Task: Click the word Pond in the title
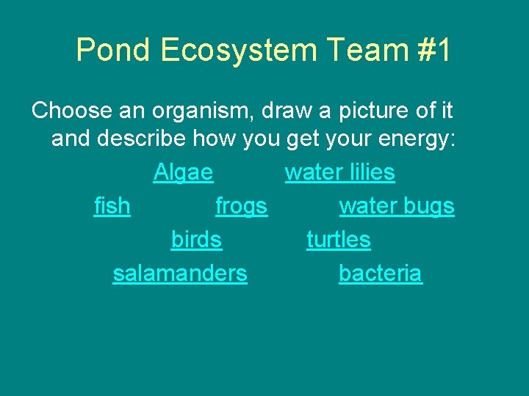tap(112, 51)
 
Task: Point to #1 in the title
tap(435, 51)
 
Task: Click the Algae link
tap(183, 173)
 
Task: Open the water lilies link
tap(339, 173)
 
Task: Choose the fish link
tap(112, 207)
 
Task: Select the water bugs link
tap(397, 207)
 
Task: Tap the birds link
tap(196, 240)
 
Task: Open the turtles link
tap(338, 240)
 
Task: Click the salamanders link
tap(180, 274)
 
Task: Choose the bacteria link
tap(380, 274)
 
